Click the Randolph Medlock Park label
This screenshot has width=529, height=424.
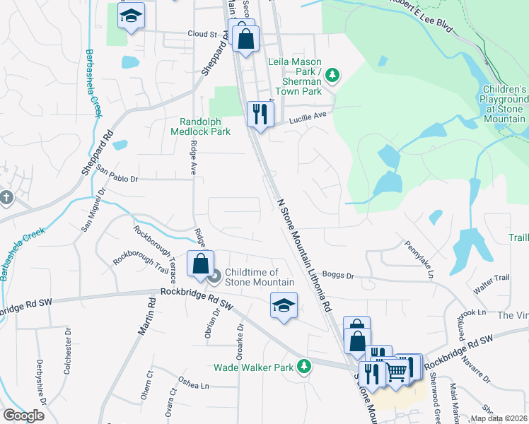(x=201, y=126)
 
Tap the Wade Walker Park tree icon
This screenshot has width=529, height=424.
(x=304, y=366)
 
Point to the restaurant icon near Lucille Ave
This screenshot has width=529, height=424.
(x=260, y=113)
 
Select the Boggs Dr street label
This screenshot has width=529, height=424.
(x=337, y=274)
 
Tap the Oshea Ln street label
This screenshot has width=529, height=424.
(x=194, y=385)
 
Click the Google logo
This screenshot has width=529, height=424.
(x=23, y=416)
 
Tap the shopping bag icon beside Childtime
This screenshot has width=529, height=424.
(x=201, y=264)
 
